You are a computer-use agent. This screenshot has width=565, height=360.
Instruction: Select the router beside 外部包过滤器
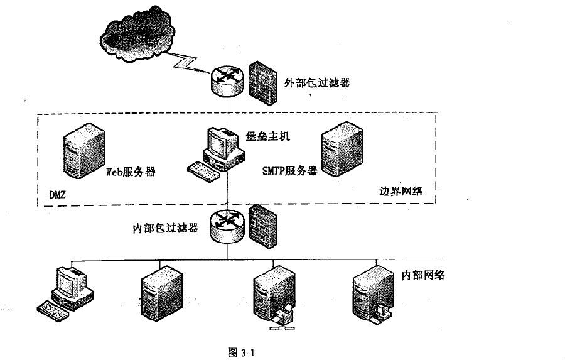point(225,82)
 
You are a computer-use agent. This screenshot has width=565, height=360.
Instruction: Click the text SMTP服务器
point(289,171)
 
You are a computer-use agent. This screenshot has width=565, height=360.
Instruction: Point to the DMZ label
point(58,195)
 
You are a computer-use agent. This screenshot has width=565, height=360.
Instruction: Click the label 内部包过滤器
point(165,228)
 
